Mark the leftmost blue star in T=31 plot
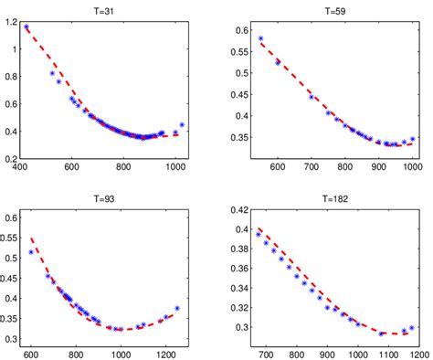26,27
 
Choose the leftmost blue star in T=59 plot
260,38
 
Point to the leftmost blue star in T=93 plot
32,252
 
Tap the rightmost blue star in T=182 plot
412,327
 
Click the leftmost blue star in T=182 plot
258,234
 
